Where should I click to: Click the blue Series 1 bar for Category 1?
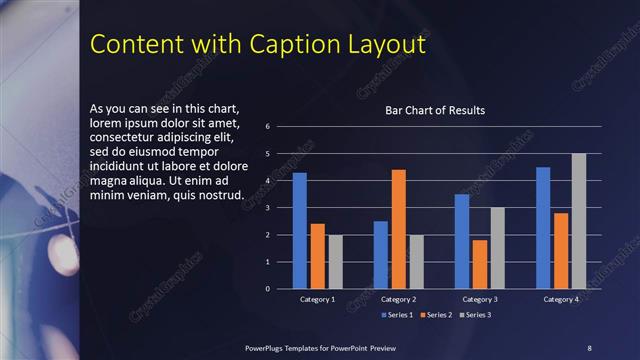299,230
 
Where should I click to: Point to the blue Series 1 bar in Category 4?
543,227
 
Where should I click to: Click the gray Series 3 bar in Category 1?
335,261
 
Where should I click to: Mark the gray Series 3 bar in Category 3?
497,247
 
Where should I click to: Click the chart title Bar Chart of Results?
435,110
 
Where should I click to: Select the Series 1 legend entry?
400,314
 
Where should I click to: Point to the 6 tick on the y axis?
268,127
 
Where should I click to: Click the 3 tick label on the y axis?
268,208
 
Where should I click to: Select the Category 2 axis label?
398,299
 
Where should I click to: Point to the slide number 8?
589,347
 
